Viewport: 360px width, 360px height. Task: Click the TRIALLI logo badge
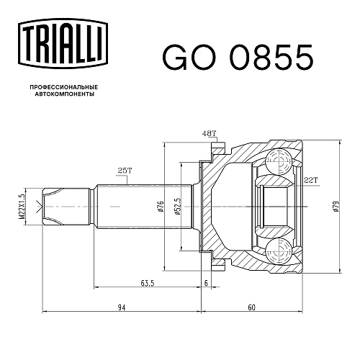coord(63,43)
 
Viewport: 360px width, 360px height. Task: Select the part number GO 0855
coord(238,58)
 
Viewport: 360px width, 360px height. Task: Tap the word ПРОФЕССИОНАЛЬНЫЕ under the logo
coord(64,87)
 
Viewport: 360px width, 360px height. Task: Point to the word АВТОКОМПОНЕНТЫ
coord(65,94)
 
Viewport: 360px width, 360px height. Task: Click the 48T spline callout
coord(209,133)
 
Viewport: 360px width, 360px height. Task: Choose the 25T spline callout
coord(125,171)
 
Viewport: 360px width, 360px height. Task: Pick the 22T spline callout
coord(310,180)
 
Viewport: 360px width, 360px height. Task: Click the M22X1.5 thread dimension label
coord(22,207)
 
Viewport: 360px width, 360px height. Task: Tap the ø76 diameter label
coord(161,207)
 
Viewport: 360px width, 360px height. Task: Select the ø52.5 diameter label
coord(178,207)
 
